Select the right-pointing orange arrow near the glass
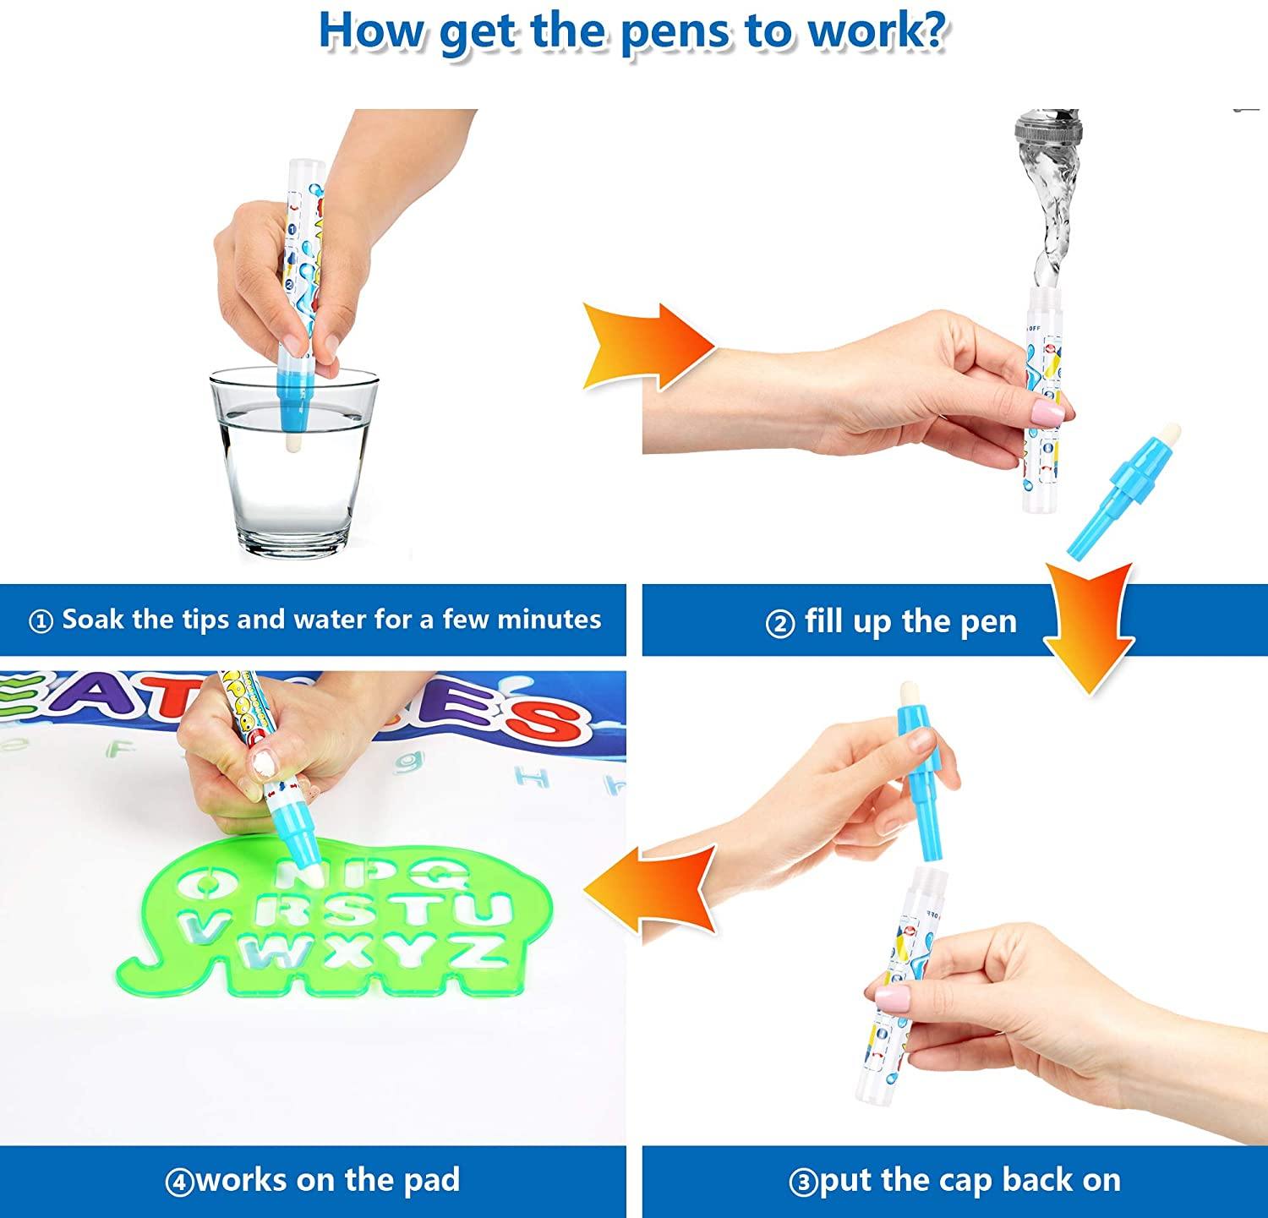pos(650,347)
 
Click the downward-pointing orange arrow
pos(1089,625)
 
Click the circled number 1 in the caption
pos(41,621)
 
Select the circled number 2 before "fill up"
pos(779,624)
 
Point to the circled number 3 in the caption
pos(803,1182)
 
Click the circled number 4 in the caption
pos(179,1182)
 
